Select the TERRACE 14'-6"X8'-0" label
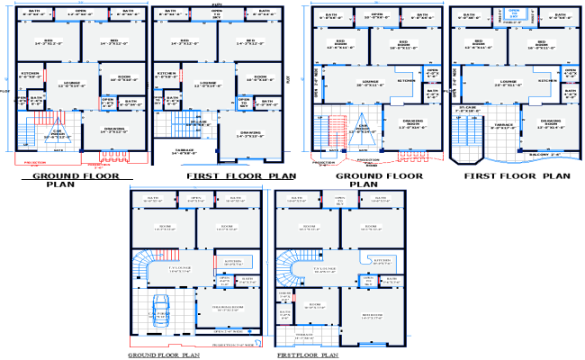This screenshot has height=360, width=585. (185, 154)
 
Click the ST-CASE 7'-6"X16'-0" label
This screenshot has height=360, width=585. (466, 110)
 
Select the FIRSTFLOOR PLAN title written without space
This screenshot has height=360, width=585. (308, 355)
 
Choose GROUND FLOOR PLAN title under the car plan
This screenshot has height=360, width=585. (164, 355)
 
